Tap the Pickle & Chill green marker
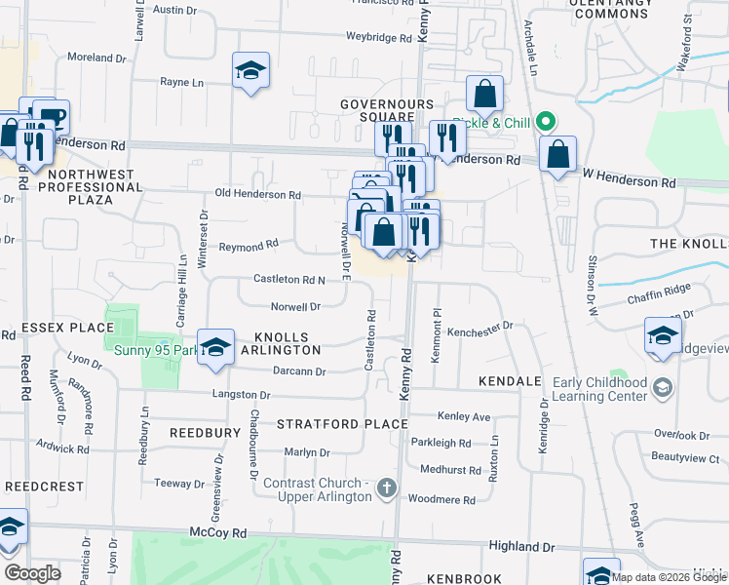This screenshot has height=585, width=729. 547,123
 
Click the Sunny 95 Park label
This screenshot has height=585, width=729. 149,351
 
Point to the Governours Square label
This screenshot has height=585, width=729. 386,110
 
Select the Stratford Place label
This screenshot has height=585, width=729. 341,424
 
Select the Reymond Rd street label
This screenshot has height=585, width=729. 249,245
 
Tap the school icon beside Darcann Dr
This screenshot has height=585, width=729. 215,346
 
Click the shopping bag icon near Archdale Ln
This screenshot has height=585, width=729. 485,94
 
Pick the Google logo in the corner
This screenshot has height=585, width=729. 32,573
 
